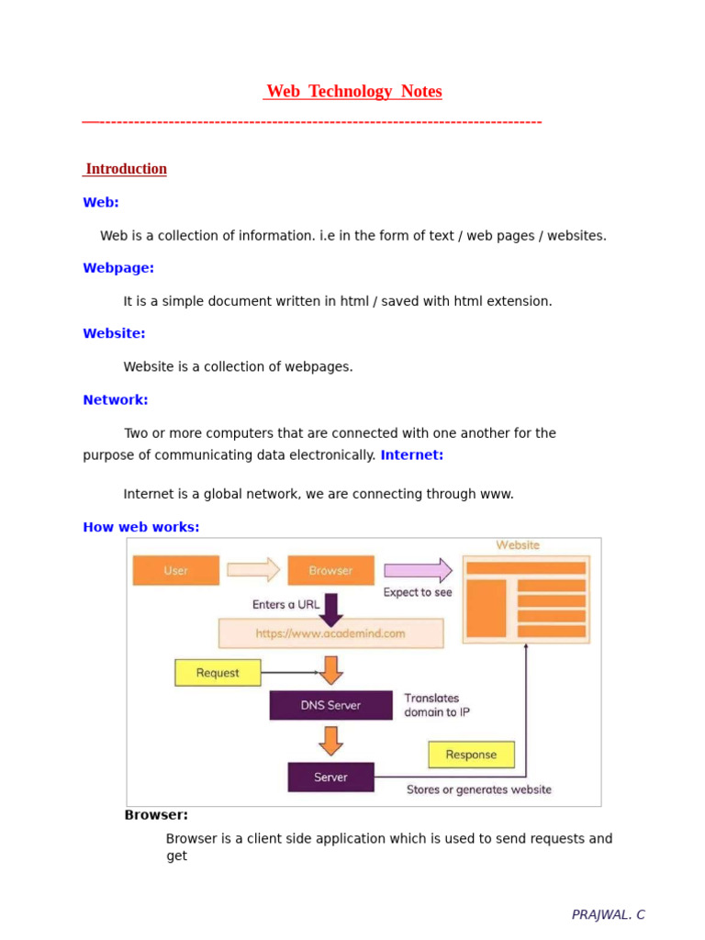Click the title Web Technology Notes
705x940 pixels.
353,92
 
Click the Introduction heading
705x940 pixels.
126,169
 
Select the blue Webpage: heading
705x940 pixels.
118,268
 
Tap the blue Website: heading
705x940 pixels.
114,334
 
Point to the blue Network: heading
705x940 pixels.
116,400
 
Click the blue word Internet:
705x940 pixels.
412,455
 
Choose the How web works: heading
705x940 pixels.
141,527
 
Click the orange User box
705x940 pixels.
176,570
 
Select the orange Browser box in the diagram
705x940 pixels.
330,570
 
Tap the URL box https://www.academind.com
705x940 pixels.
330,633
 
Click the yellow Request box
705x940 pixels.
218,673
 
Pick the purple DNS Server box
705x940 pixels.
330,705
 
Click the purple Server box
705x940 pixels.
330,777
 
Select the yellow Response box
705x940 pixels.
471,755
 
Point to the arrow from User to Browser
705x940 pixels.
253,570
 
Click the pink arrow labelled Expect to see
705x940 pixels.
418,570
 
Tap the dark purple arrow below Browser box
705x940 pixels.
331,607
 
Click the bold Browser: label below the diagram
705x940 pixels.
156,815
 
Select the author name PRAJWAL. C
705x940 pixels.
608,914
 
